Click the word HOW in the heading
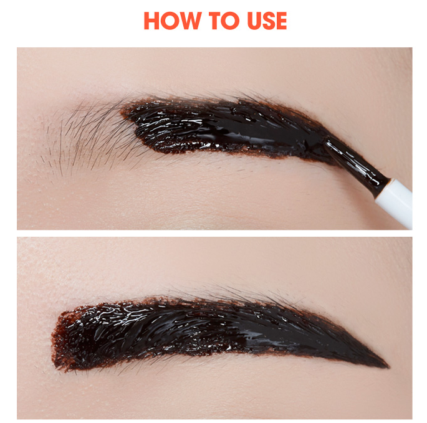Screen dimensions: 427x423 [x=173, y=21]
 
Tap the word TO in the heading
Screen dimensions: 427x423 [x=224, y=21]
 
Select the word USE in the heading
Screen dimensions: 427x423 [x=267, y=21]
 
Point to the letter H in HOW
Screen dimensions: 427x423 [x=151, y=21]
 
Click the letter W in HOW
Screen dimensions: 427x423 [x=190, y=21]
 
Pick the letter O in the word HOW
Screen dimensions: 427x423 [x=170, y=21]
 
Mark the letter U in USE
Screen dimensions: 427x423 [x=254, y=21]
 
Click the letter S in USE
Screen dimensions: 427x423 [x=269, y=21]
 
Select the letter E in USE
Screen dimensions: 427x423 [x=282, y=21]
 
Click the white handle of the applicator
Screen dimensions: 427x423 [x=395, y=201]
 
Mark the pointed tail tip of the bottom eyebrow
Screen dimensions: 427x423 [x=388, y=367]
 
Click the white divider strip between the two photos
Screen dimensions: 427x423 [x=214, y=233]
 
